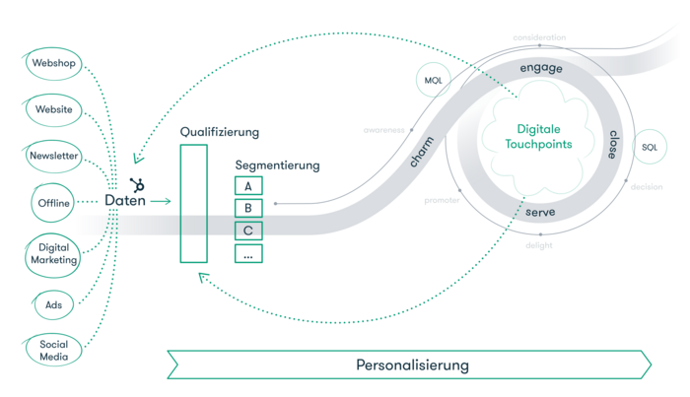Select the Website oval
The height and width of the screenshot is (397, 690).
click(x=53, y=109)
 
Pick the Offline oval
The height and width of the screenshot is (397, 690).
click(x=54, y=203)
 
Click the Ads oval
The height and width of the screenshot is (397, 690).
click(x=53, y=305)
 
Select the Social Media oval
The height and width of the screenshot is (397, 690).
click(x=53, y=350)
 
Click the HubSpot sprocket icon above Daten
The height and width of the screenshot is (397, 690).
click(x=137, y=184)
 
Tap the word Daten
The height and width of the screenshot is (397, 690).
click(x=125, y=202)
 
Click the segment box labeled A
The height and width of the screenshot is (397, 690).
click(x=248, y=185)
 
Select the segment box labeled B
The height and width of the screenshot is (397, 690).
click(x=248, y=208)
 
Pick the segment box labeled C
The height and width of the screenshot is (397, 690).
click(x=248, y=231)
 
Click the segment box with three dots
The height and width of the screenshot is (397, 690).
click(x=248, y=253)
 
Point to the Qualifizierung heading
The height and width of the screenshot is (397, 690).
click(x=219, y=131)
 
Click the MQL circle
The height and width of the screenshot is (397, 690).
click(x=433, y=80)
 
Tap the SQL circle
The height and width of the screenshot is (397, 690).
click(x=649, y=148)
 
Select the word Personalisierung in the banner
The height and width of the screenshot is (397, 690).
click(x=412, y=364)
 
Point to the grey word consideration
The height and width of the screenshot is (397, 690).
click(x=539, y=37)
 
